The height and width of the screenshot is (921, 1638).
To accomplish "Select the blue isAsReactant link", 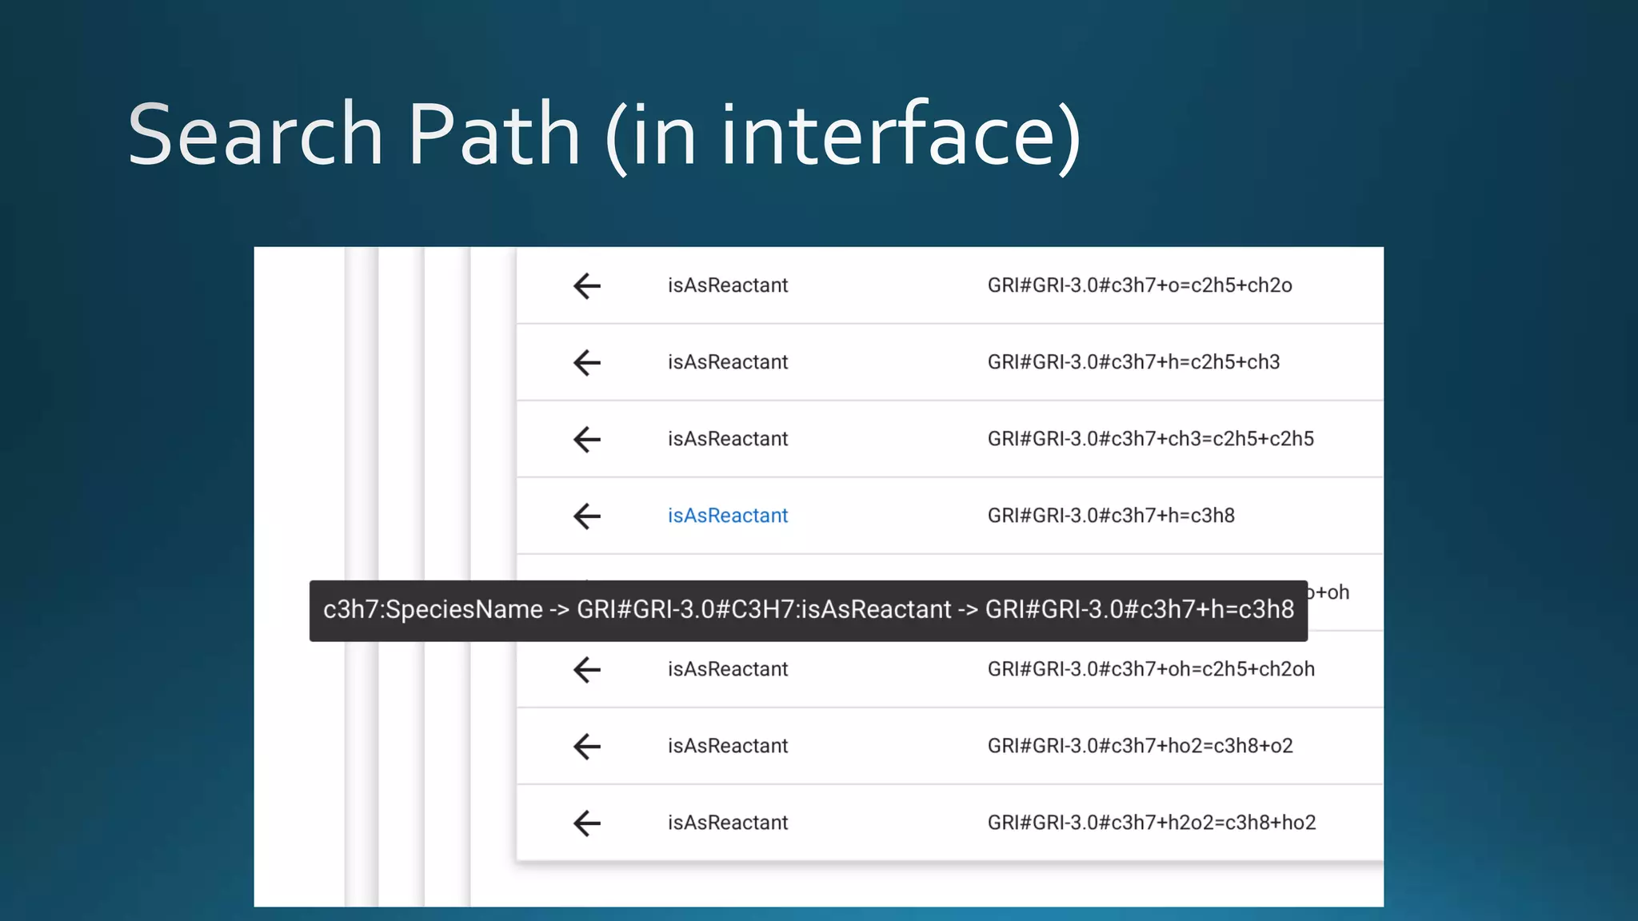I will click(x=728, y=516).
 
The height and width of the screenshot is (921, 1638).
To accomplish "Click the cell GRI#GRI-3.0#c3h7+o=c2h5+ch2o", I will click(x=1140, y=285).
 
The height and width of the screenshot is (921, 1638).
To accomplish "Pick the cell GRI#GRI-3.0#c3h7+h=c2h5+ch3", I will click(x=1133, y=362).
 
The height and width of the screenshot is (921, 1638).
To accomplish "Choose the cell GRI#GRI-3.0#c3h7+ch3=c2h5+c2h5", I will click(x=1150, y=439).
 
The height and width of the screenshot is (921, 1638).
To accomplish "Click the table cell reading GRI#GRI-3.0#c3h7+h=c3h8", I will click(x=1111, y=516).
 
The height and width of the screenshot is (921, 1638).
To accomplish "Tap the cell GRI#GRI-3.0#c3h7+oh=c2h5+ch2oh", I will click(x=1151, y=669).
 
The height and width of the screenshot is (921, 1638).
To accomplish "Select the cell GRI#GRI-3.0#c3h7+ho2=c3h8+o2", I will click(x=1140, y=746).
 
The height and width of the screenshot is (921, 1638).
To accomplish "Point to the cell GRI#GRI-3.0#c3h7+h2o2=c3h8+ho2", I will click(x=1152, y=823).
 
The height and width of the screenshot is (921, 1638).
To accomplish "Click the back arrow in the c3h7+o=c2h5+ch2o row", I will click(x=587, y=285).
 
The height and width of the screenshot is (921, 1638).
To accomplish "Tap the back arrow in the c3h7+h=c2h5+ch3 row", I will click(x=587, y=362).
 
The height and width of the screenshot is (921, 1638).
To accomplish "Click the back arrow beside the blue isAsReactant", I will click(x=587, y=516).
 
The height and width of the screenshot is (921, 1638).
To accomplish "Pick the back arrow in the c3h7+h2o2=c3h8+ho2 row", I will click(x=587, y=823).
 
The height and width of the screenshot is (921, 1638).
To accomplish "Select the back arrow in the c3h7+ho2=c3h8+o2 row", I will click(x=587, y=746).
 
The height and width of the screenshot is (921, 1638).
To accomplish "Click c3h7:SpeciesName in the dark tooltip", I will click(x=433, y=610).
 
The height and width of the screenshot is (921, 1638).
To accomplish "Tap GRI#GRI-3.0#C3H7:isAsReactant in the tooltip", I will click(x=764, y=610).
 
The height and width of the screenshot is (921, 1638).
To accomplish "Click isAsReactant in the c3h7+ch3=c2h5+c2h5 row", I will click(x=728, y=439).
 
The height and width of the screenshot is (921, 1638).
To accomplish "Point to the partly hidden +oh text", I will click(x=1331, y=592).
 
